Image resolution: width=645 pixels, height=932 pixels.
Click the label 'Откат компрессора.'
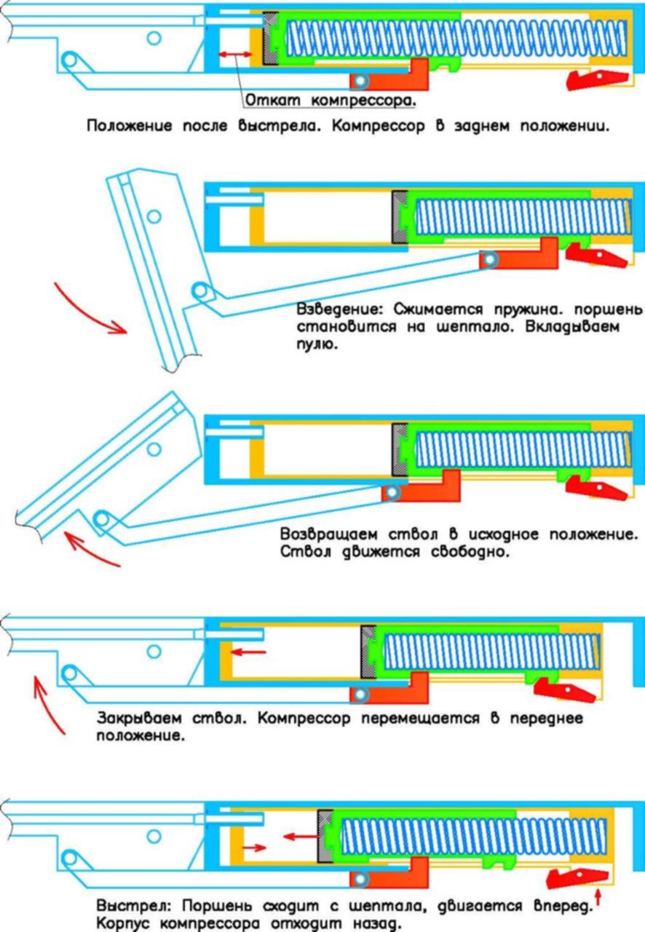coord(331,100)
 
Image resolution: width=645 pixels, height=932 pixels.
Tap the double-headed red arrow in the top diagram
coord(236,55)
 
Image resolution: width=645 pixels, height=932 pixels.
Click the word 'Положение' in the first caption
coord(129,126)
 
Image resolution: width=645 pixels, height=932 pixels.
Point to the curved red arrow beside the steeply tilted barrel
coord(87,310)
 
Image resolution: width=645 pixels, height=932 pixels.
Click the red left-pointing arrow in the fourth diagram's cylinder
coord(248,652)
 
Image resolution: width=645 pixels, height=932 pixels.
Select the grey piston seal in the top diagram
coord(271,39)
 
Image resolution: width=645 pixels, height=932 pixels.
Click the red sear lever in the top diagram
coord(598,79)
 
